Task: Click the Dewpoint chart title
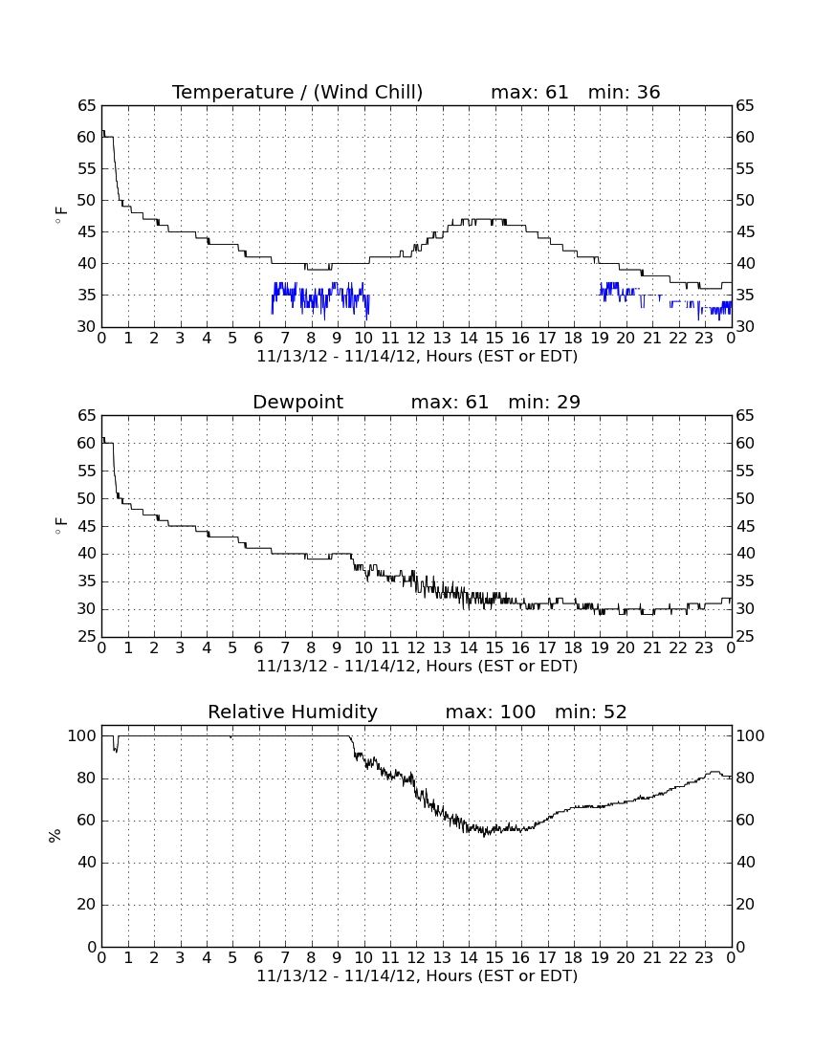coord(297,402)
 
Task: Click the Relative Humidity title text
coord(293,712)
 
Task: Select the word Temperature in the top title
coord(232,92)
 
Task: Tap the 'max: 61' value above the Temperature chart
coord(529,92)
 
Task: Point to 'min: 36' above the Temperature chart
coord(624,92)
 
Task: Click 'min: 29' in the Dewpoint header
coord(544,402)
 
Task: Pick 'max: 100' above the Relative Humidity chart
coord(491,712)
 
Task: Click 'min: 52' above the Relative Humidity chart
coord(590,712)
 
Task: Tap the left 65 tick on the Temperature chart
coord(86,106)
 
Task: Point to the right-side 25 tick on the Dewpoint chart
coord(745,637)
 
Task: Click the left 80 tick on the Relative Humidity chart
coord(86,778)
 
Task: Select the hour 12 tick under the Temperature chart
coord(416,339)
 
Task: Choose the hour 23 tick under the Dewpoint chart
coord(704,648)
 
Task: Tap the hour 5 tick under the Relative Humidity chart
coord(232,958)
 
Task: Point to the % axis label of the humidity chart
coord(55,835)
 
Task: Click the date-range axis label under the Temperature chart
coord(417,357)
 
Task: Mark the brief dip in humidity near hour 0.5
coord(116,744)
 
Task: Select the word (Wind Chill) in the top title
coord(367,92)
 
